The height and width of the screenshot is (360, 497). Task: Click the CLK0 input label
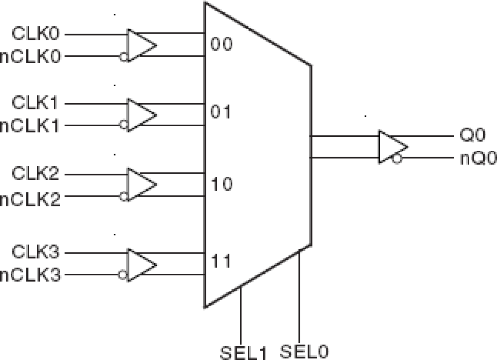36,34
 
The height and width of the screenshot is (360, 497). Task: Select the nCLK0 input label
30,57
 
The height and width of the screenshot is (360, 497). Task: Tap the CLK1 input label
36,104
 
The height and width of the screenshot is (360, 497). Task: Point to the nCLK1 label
30,126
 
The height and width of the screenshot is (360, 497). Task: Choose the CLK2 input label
36,174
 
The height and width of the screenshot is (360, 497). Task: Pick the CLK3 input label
36,252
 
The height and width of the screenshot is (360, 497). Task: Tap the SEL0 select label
305,350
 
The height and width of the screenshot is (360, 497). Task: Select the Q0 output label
472,136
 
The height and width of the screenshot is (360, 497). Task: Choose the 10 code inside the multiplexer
221,184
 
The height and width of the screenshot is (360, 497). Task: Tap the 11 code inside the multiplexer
221,261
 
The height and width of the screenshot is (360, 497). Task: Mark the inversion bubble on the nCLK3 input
123,274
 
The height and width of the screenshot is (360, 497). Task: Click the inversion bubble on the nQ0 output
397,159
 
